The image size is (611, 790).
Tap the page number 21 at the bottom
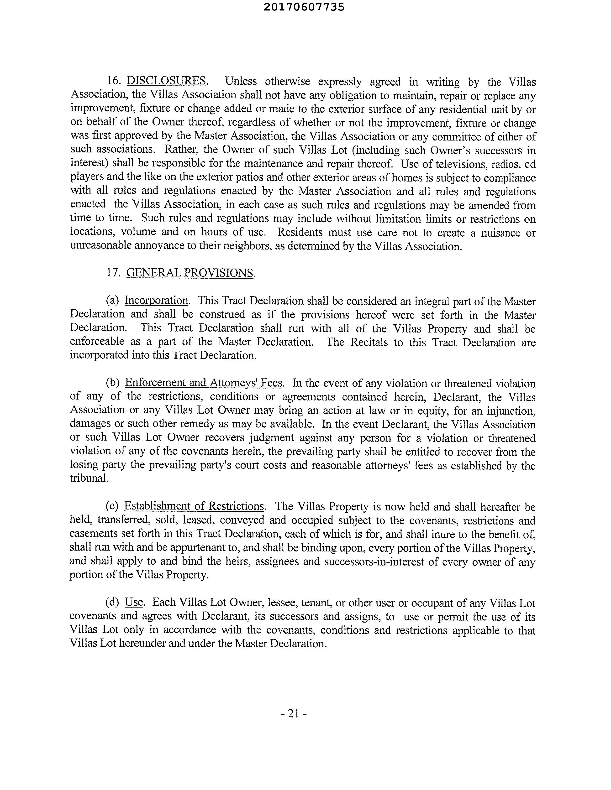[294, 714]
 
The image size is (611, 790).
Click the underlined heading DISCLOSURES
[166, 81]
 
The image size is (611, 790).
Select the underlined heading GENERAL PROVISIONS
[190, 272]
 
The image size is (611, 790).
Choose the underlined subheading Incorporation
[156, 301]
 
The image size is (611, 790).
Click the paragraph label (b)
[113, 382]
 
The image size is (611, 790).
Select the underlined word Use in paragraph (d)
[134, 602]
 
